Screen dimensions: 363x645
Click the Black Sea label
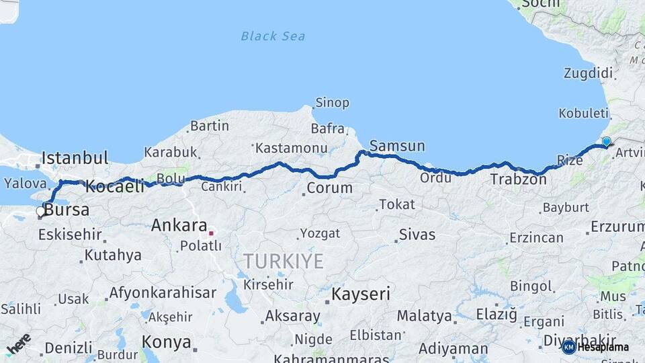click(273, 36)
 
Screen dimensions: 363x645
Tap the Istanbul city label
click(75, 158)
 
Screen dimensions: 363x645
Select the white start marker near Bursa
click(40, 212)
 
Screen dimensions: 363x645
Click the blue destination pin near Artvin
click(606, 142)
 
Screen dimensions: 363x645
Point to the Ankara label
click(179, 225)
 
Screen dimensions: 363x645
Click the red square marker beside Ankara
click(211, 233)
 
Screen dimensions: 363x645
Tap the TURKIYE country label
click(283, 261)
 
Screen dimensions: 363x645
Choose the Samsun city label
click(397, 146)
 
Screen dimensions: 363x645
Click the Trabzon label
click(518, 179)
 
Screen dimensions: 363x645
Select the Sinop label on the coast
click(332, 103)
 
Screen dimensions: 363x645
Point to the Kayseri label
click(361, 294)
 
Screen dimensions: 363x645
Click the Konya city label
click(167, 342)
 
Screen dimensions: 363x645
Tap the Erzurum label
click(617, 227)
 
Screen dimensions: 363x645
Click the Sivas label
click(417, 235)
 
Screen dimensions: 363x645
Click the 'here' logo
click(19, 344)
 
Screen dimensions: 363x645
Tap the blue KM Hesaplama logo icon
click(568, 347)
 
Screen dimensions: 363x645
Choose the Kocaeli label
click(115, 186)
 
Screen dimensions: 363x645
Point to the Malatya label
click(424, 315)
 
